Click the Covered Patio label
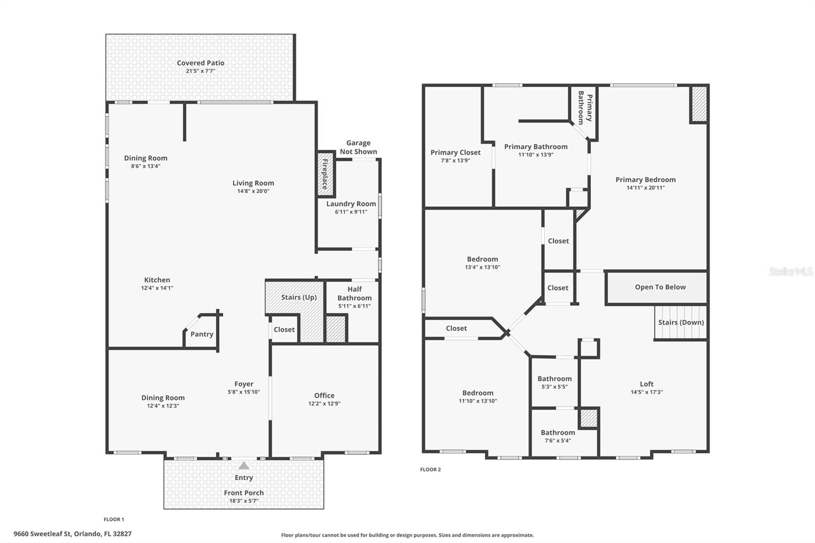pyautogui.click(x=200, y=63)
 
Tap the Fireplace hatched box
pyautogui.click(x=325, y=174)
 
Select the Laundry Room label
pyautogui.click(x=351, y=204)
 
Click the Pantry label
pyautogui.click(x=202, y=334)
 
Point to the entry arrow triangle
pyautogui.click(x=244, y=466)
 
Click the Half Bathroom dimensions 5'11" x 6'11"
pyautogui.click(x=354, y=306)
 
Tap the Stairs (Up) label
pyautogui.click(x=298, y=297)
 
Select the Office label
pyautogui.click(x=324, y=395)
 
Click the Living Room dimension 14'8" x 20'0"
pyautogui.click(x=253, y=192)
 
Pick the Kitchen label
pyautogui.click(x=157, y=280)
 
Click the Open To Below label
pyautogui.click(x=660, y=287)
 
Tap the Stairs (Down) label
pyautogui.click(x=681, y=322)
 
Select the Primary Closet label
pyautogui.click(x=455, y=152)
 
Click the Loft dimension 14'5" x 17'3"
pyautogui.click(x=646, y=392)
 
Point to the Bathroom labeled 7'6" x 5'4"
pyautogui.click(x=558, y=432)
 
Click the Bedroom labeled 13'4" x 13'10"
pyautogui.click(x=482, y=259)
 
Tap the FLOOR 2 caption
pyautogui.click(x=430, y=470)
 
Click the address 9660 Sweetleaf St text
pyautogui.click(x=72, y=534)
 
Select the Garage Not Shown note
pyautogui.click(x=358, y=147)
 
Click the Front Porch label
pyautogui.click(x=243, y=493)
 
